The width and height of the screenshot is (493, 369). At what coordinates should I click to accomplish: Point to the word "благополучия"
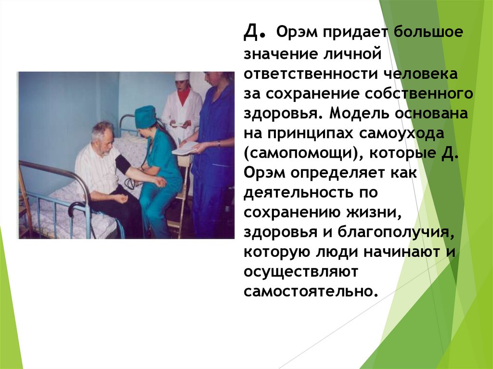(393, 233)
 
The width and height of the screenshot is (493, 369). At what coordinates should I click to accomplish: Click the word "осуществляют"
(301, 272)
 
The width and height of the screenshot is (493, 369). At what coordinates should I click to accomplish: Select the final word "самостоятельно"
(308, 292)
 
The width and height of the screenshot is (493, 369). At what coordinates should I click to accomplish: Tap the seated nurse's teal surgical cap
(145, 117)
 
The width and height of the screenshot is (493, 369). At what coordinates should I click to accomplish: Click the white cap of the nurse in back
(182, 76)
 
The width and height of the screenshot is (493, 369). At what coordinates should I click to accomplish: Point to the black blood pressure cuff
(123, 164)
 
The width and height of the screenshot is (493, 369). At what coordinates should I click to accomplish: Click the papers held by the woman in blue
(185, 148)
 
